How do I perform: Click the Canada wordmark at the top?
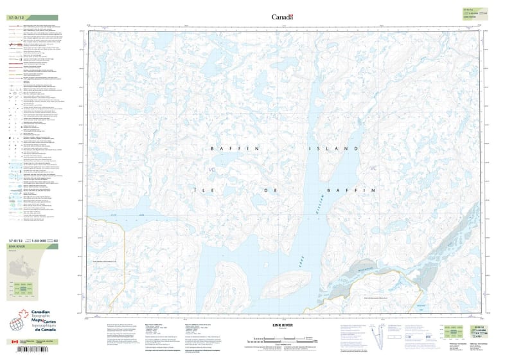coord(282,17)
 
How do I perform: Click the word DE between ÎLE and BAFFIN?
coord(268,191)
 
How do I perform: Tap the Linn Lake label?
coord(133,215)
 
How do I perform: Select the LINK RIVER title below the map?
coord(281,325)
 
